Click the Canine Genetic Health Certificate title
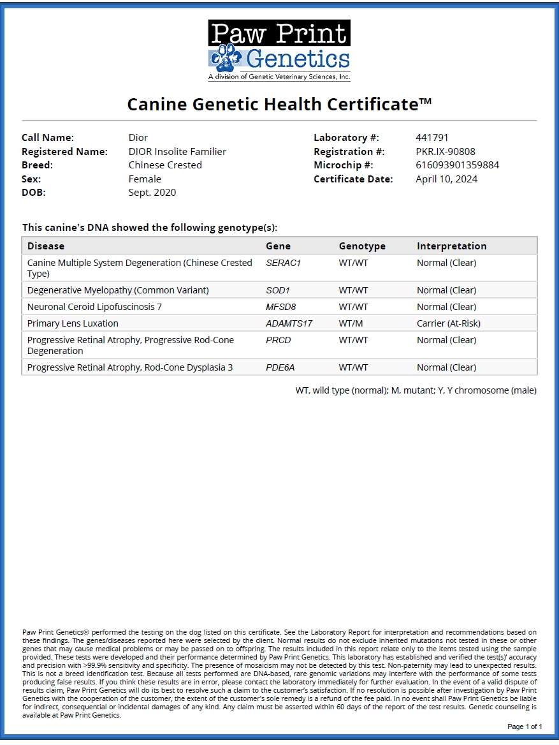(x=279, y=104)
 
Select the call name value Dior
(x=138, y=138)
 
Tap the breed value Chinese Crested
(x=165, y=165)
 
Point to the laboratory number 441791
(x=432, y=138)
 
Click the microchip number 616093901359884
(x=457, y=165)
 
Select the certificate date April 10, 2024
(x=446, y=179)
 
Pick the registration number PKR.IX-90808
(x=445, y=152)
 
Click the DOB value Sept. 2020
(x=152, y=193)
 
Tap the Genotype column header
(x=362, y=246)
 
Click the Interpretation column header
(x=451, y=246)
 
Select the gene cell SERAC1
(x=282, y=263)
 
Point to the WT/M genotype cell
(x=351, y=323)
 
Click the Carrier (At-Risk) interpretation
(x=449, y=323)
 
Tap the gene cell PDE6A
(x=280, y=367)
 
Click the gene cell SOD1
(x=278, y=290)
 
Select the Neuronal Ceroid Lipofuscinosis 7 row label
(x=94, y=307)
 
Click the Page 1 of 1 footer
(x=525, y=727)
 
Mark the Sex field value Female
(x=145, y=179)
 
